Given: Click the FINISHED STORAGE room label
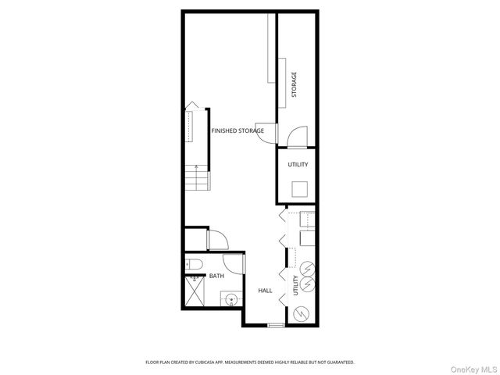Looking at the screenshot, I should point(237,130).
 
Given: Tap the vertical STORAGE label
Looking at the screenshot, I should point(295,84).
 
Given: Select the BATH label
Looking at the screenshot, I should point(216,276).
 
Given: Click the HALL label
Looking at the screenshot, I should point(265,291).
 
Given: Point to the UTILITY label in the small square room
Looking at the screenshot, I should point(298,165).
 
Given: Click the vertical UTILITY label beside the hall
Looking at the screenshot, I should point(295,285).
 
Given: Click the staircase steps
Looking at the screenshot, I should point(198,178).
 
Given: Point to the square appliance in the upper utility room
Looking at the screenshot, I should point(299,188).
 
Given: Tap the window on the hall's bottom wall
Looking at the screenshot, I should point(275,324).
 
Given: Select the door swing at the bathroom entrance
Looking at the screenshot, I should point(233,264).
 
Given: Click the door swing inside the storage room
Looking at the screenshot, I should point(297,137).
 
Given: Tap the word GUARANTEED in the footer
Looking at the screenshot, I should point(341,362).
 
